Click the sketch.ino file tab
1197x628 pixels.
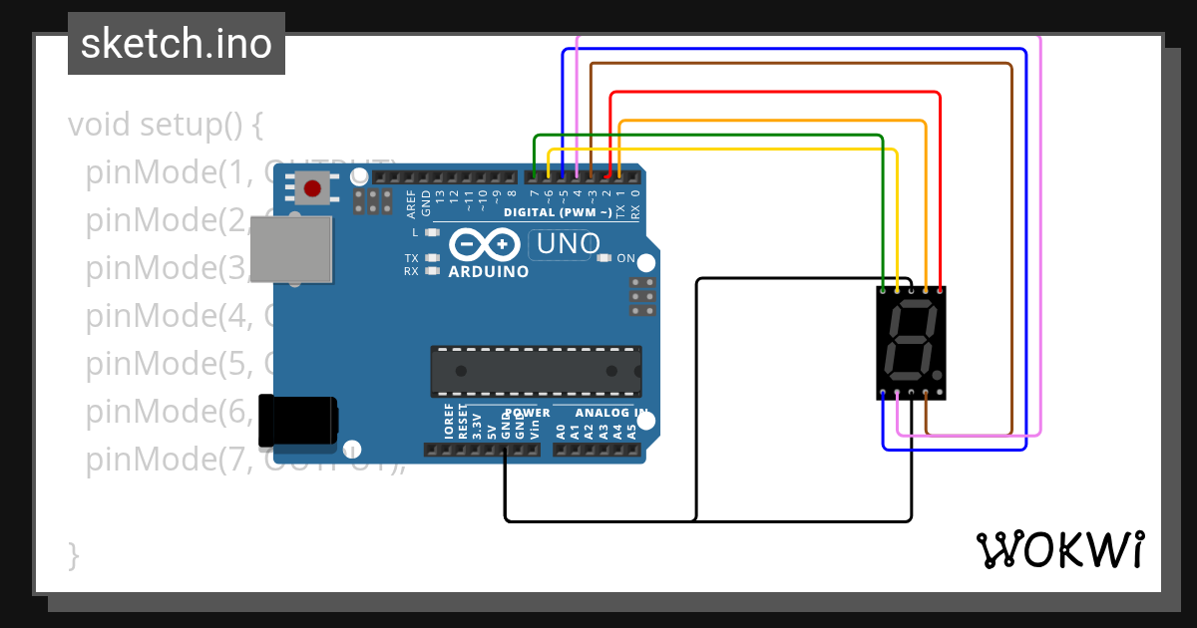[x=176, y=44]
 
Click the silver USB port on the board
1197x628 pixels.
[x=290, y=248]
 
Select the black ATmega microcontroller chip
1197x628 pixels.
[x=535, y=371]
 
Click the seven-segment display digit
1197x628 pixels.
[x=911, y=343]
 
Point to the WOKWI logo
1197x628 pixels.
[x=1059, y=549]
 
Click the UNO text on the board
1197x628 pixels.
[x=569, y=243]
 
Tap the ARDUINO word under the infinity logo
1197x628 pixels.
[x=489, y=271]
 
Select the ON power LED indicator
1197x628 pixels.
[x=603, y=258]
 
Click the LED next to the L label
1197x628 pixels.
[x=432, y=232]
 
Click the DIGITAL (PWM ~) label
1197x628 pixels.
[x=558, y=212]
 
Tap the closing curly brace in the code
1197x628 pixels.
[x=73, y=554]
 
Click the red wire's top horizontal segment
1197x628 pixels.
[x=774, y=93]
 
